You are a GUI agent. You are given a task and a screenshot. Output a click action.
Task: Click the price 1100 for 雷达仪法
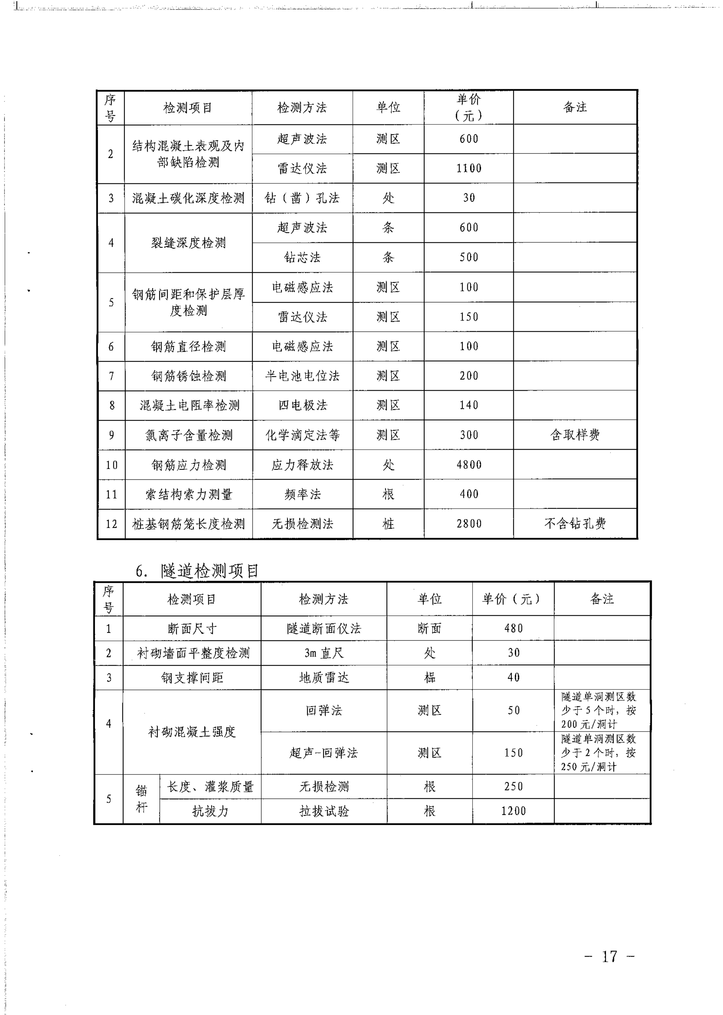469,168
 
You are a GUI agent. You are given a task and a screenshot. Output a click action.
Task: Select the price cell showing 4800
469,464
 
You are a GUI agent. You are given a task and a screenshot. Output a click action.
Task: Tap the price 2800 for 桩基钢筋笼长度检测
469,524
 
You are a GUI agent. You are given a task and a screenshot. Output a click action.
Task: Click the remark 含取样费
575,435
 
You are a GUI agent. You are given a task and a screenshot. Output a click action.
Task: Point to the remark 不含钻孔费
575,524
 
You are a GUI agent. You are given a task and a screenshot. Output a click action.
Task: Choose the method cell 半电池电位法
302,376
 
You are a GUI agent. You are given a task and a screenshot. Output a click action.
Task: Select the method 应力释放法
302,464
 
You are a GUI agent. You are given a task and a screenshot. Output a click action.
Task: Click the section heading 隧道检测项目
210,571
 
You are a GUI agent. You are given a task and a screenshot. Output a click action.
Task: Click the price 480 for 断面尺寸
513,628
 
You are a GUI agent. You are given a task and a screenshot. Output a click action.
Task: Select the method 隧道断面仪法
324,628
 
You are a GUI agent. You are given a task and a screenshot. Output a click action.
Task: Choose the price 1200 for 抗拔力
513,811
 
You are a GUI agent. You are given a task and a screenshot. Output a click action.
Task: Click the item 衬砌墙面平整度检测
193,653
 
